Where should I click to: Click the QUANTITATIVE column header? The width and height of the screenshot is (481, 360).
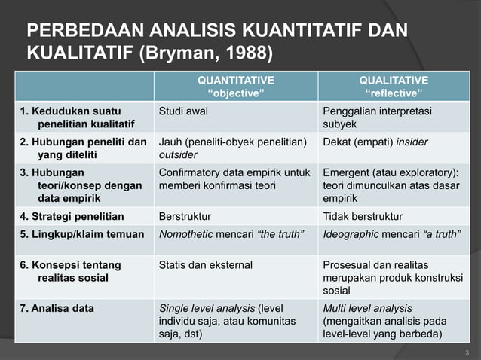236,80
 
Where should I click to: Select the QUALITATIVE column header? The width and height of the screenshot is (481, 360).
394,80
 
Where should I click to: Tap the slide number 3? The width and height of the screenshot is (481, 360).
467,352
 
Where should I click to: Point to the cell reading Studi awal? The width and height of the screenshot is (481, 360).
184,111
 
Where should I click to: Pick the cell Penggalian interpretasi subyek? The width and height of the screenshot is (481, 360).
372,117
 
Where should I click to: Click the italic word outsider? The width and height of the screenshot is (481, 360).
178,154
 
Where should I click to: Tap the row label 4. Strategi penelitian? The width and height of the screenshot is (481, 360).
72,217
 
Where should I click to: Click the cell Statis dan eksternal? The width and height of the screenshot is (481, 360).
206,264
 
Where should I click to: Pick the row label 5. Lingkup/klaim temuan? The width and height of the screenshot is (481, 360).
81,233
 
